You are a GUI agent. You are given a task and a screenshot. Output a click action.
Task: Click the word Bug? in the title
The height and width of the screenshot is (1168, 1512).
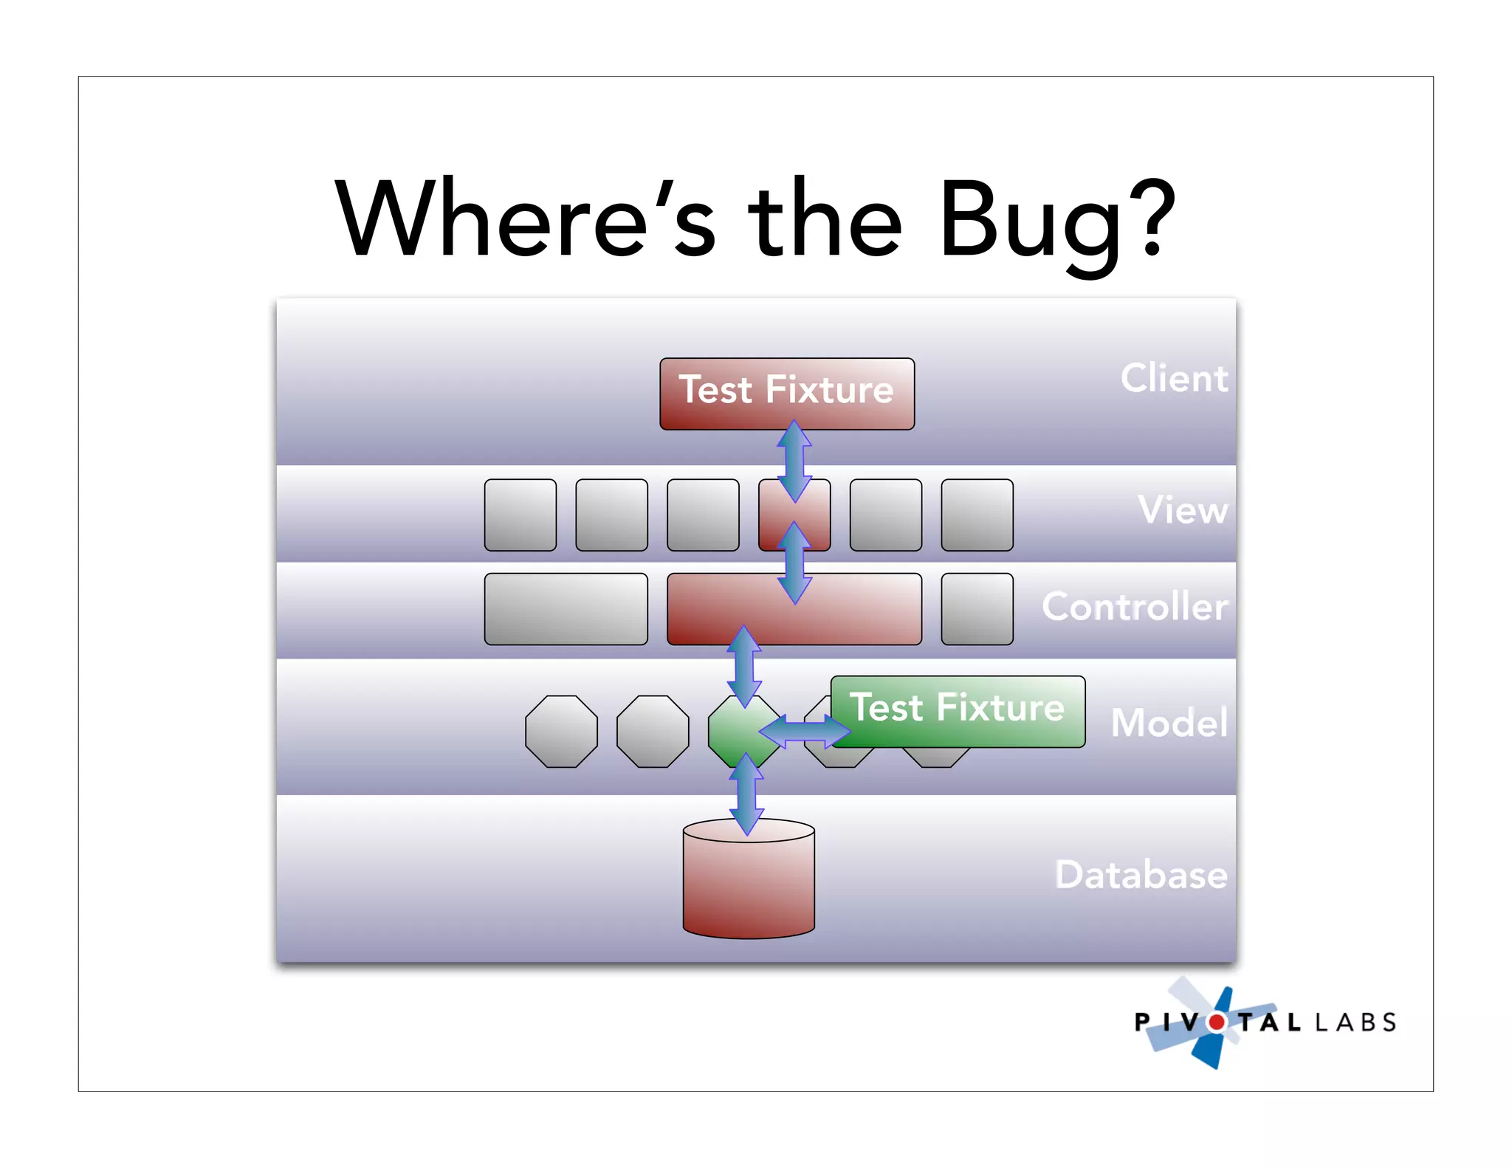pos(1056,221)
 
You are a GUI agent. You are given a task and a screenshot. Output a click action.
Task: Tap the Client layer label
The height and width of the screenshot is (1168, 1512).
pos(1174,379)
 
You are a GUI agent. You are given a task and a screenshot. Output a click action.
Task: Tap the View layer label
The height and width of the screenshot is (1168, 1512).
pos(1183,510)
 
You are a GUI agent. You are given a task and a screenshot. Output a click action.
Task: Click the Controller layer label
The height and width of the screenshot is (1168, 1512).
pos(1135,607)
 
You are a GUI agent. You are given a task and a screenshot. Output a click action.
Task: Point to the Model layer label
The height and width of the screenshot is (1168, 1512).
pos(1169,723)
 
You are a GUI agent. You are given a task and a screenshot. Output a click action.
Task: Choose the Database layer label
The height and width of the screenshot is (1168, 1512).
pos(1141,875)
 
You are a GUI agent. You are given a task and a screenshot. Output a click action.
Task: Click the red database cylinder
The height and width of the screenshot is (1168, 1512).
pos(749,886)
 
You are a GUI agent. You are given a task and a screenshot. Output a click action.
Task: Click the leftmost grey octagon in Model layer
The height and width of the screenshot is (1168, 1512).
pos(561,732)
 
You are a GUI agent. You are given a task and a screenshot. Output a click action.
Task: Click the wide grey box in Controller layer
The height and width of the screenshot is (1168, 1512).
pos(566,609)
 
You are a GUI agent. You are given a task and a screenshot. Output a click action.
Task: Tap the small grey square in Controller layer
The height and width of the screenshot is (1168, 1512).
pos(977,609)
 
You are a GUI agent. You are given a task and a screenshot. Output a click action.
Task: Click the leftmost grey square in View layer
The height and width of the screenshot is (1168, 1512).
pos(520,515)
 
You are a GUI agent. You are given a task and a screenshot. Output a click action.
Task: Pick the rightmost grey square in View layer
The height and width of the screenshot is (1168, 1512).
pos(977,515)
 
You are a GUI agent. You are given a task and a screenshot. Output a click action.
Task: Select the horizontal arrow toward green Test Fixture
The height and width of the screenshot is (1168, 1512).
pos(805,732)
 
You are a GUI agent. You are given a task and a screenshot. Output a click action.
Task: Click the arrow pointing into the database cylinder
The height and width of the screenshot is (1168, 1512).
pos(746,794)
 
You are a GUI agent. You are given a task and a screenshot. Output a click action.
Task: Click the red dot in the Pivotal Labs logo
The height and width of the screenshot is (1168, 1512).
pos(1216,1023)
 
